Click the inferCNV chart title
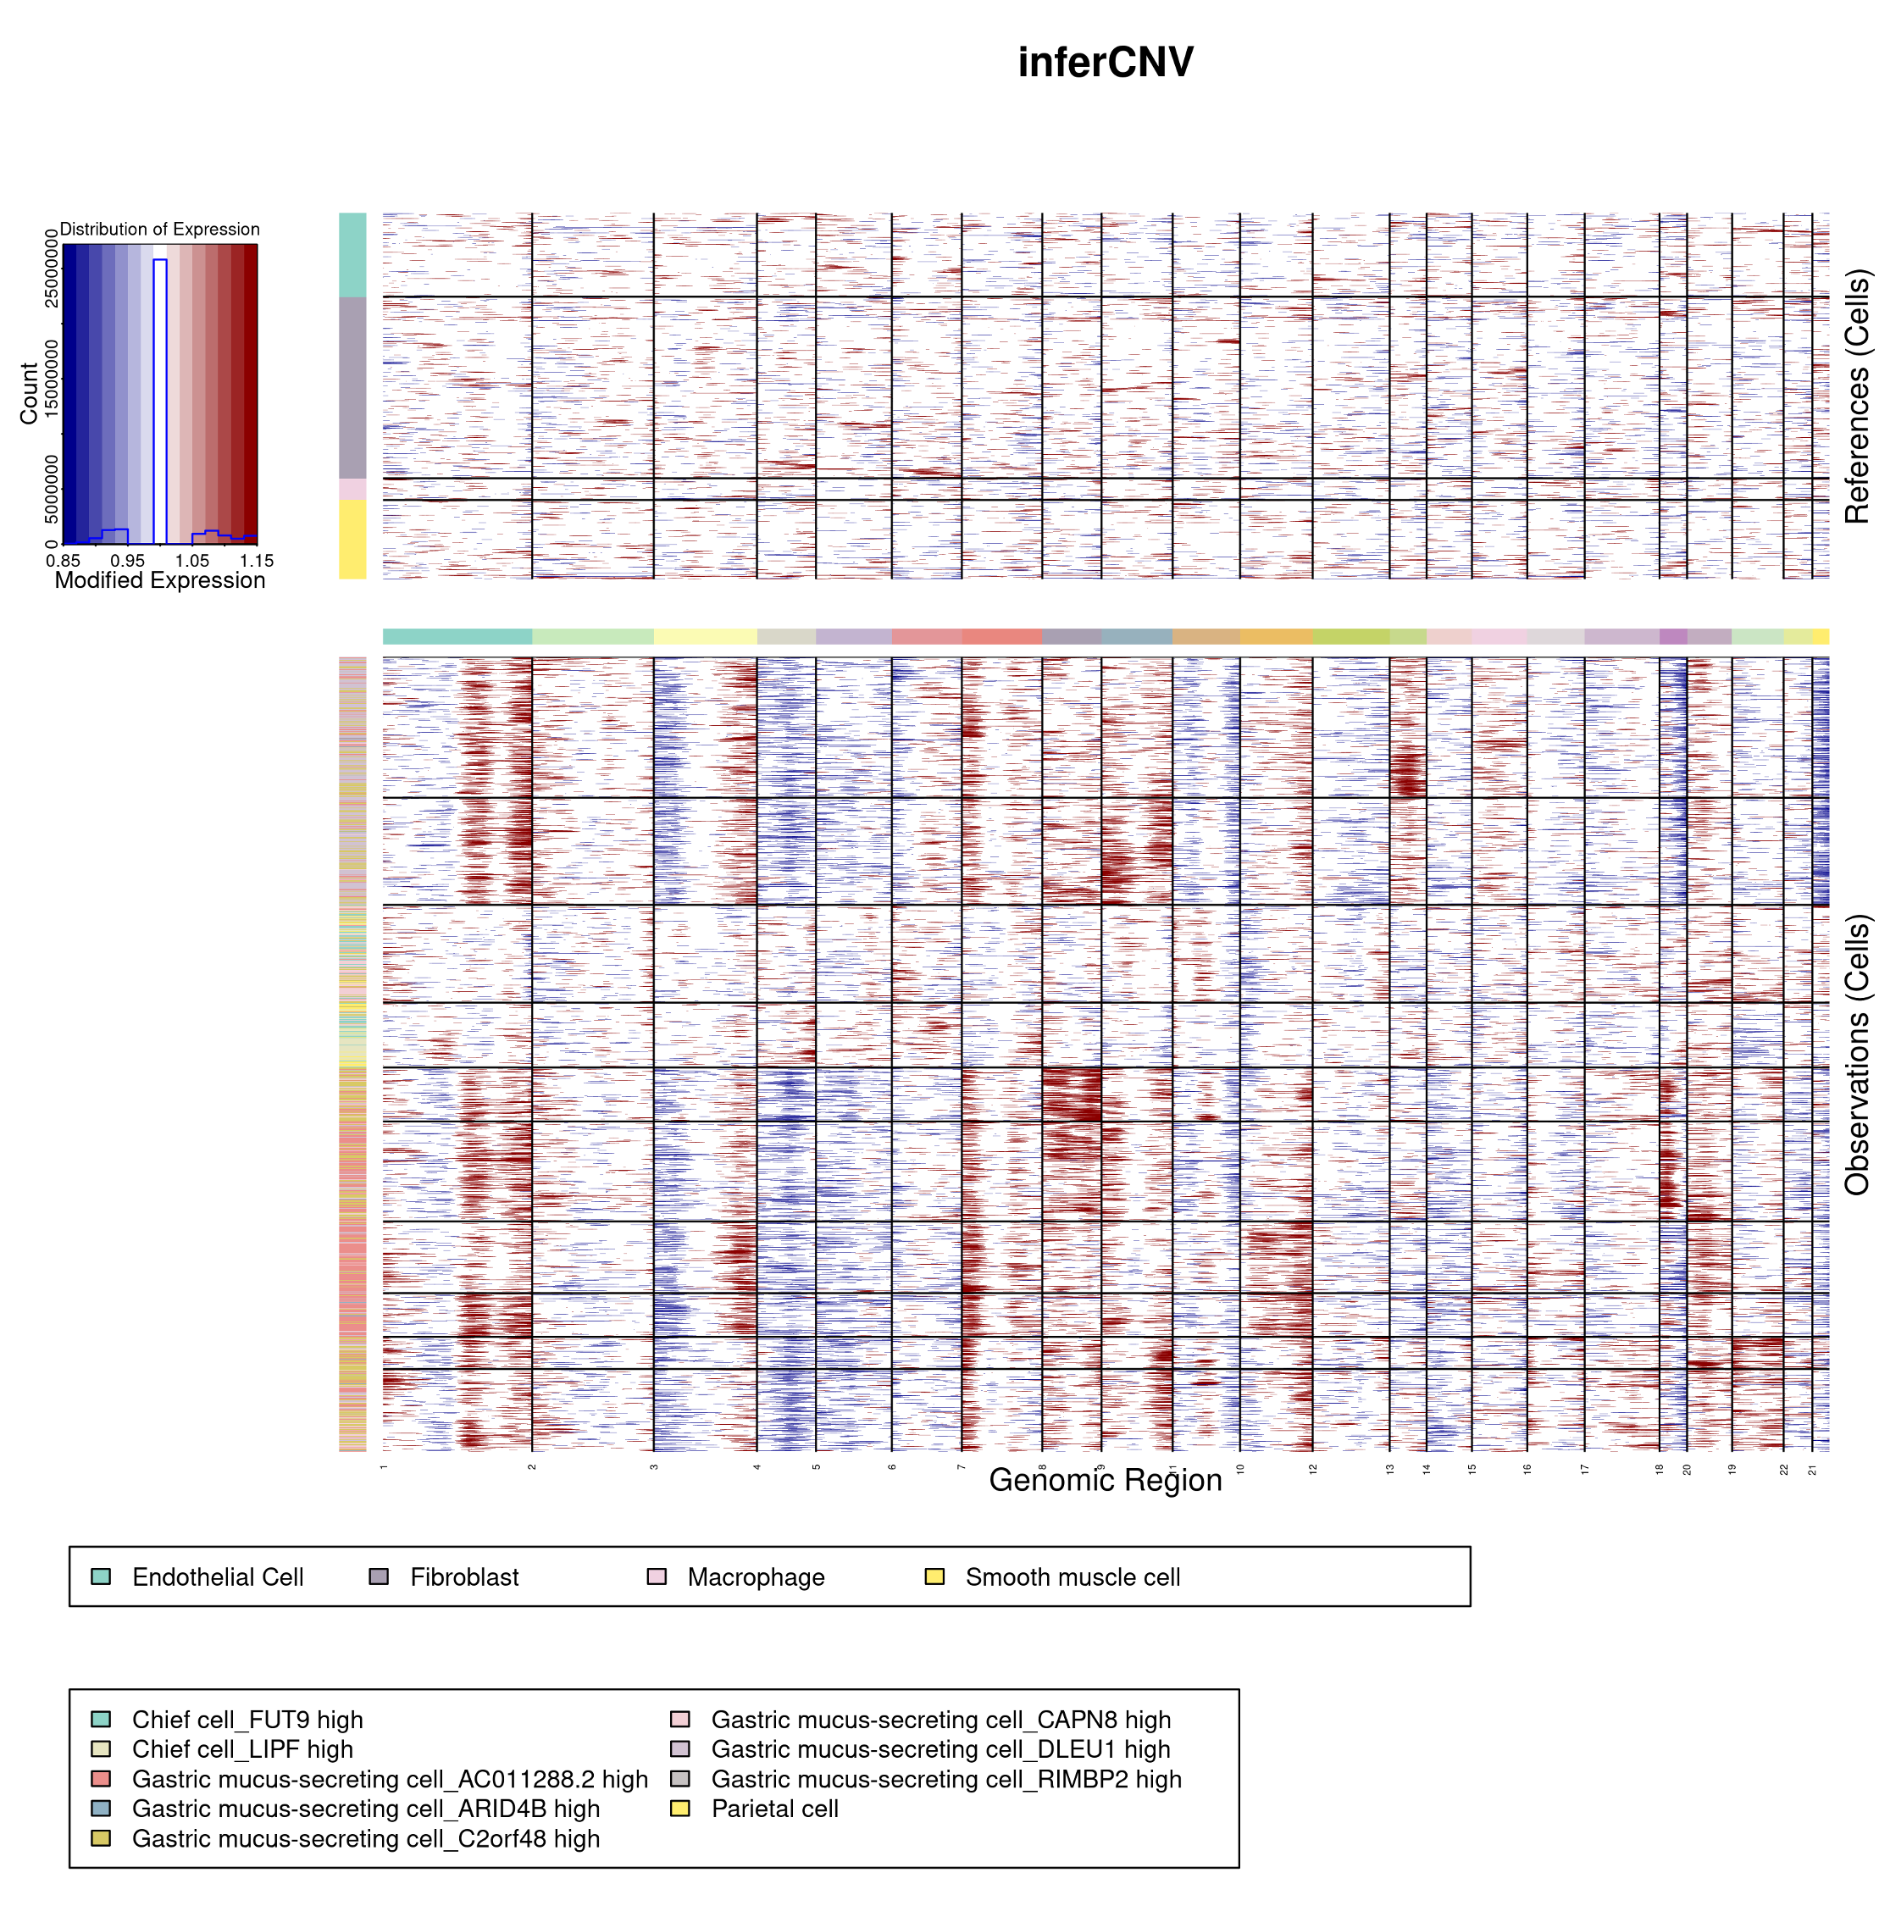pos(1105,62)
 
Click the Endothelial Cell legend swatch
pos(101,1576)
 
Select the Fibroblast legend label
pos(463,1577)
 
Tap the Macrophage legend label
pos(756,1577)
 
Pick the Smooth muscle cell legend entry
pos(1073,1577)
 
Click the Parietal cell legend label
pos(774,1809)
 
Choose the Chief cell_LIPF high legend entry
pos(241,1750)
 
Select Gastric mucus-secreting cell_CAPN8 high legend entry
pos(940,1720)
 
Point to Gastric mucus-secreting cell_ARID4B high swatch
pos(101,1809)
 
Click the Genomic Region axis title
pos(1105,1481)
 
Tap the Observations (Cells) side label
pos(1856,1055)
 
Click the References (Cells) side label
pos(1856,396)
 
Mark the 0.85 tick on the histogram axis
pos(64,560)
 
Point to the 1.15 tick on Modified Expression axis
pos(257,560)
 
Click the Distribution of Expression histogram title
pos(160,229)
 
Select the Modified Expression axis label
pos(160,580)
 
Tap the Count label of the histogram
pos(29,394)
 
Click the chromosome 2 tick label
pos(532,1467)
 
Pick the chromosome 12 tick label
pos(1313,1468)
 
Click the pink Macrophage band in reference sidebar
pos(352,490)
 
